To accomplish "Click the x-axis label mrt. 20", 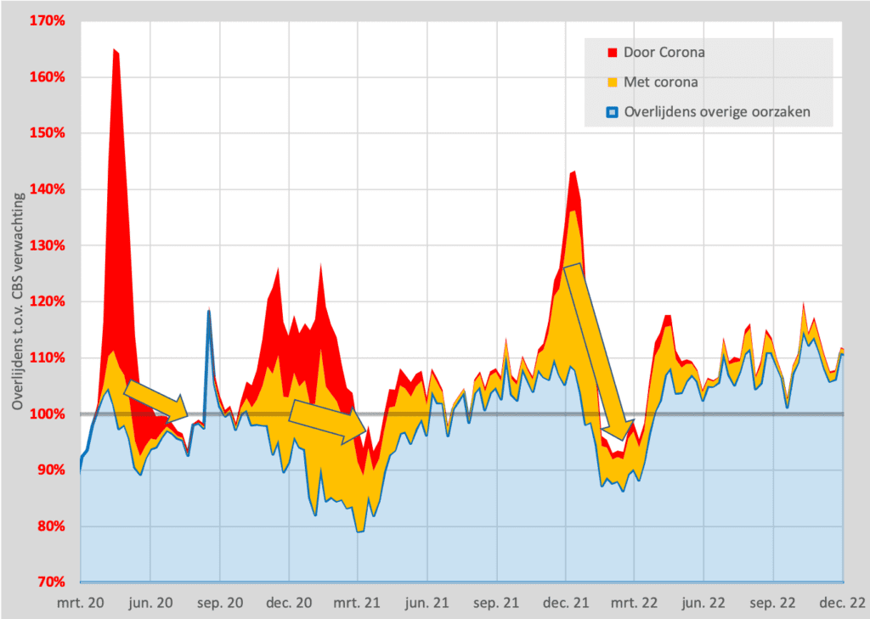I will coord(81,603).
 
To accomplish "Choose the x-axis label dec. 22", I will coord(843,603).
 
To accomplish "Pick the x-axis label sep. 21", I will coord(496,603).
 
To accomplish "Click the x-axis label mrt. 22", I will coord(636,603).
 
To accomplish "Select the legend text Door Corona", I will coord(664,53).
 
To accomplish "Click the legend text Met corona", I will coord(661,82).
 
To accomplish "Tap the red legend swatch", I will coord(612,53).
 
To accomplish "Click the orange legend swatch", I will coord(612,82).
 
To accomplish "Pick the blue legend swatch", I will coord(612,111).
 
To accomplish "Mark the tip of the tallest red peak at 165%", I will coord(115,51).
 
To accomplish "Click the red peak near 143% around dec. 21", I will coord(573,172).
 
